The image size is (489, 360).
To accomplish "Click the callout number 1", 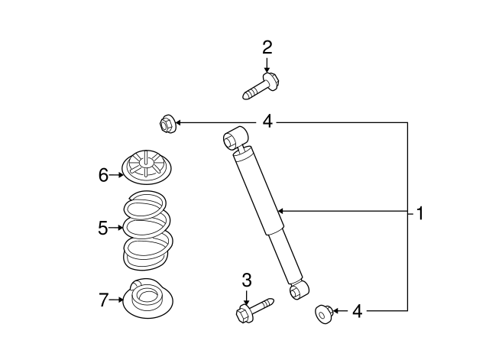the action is coord(420,213).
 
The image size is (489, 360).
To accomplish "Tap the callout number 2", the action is coord(267,47).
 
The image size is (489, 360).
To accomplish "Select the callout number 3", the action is coord(247,281).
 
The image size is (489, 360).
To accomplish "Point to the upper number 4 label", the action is coord(267,121).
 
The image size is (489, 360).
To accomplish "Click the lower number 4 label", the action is coord(358,311).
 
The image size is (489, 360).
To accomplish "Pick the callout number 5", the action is coord(103,228).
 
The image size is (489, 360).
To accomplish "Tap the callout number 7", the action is coord(103,300).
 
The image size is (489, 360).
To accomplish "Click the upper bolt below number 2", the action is coord(261,86).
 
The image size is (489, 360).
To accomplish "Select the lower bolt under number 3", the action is coord(254,310).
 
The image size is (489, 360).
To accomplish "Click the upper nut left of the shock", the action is coord(167,123).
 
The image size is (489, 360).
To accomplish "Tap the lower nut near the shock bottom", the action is coord(324,314).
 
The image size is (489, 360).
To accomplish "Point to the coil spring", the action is coord(147,231).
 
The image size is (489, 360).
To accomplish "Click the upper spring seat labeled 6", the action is coord(146,167).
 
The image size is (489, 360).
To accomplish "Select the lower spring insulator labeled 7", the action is coord(147,298).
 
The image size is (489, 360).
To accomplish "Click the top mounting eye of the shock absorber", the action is coord(235,138).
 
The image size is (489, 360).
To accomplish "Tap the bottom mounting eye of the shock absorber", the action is coord(299,290).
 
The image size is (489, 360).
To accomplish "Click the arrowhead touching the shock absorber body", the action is coord(280,211).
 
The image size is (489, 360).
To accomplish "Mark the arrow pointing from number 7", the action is coord(116,300).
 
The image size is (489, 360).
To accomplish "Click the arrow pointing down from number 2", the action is coord(267,64).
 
